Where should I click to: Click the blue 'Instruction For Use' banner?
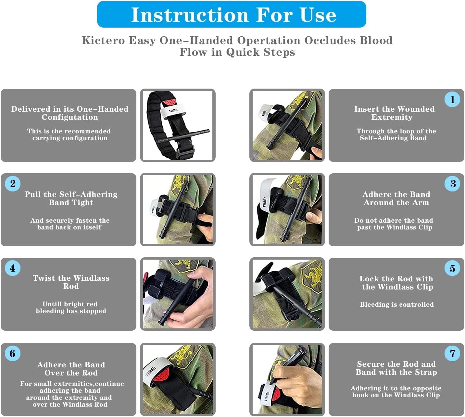[x=232, y=15]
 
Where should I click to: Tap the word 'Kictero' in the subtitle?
[x=103, y=41]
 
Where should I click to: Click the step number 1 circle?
[x=452, y=99]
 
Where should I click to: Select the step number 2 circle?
[x=13, y=184]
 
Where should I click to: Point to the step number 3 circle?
[x=452, y=184]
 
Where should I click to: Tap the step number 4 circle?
[x=13, y=268]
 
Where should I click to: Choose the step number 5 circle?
[x=452, y=268]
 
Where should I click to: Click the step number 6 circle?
[x=13, y=353]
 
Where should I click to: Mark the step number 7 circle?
[x=452, y=353]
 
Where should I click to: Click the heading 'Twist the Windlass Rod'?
[x=71, y=282]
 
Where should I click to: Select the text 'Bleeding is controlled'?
[x=396, y=304]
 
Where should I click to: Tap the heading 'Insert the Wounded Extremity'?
[x=394, y=113]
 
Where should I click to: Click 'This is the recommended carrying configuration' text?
[x=69, y=135]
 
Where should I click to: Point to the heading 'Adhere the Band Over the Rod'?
[x=71, y=369]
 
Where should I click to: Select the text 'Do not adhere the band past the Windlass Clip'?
[x=394, y=224]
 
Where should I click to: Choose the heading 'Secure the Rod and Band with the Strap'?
[x=396, y=368]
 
